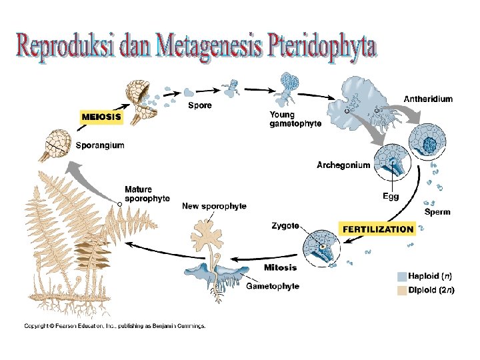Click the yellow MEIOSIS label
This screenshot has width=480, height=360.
pyautogui.click(x=101, y=116)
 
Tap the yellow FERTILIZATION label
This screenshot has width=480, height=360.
pyautogui.click(x=378, y=229)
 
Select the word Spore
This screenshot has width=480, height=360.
pyautogui.click(x=200, y=105)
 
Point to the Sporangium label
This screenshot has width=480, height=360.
pyautogui.click(x=99, y=145)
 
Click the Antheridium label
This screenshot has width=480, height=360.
pyautogui.click(x=428, y=99)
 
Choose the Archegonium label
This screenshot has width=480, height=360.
pyautogui.click(x=343, y=165)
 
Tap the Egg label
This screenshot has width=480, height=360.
pyautogui.click(x=391, y=196)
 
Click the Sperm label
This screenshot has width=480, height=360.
pyautogui.click(x=437, y=212)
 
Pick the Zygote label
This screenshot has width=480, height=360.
pyautogui.click(x=285, y=226)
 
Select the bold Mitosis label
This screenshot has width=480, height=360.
pyautogui.click(x=280, y=268)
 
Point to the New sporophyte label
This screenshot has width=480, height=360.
pyautogui.click(x=214, y=206)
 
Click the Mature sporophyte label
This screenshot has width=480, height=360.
pyautogui.click(x=147, y=193)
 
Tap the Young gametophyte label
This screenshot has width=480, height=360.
pyautogui.click(x=295, y=119)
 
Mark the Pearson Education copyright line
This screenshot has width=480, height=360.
pyautogui.click(x=115, y=326)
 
